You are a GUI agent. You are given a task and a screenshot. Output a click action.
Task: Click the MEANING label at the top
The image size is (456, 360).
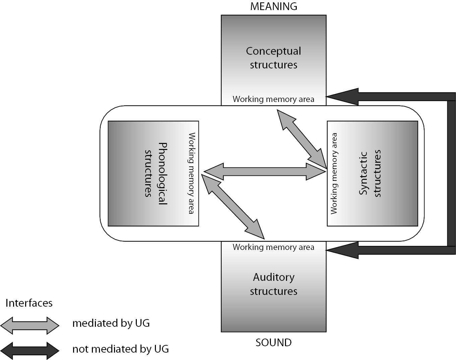coord(274,6)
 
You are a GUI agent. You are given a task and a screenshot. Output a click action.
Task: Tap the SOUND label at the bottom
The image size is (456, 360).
coord(274,343)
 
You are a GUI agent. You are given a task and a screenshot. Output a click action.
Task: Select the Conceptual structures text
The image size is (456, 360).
coord(274,58)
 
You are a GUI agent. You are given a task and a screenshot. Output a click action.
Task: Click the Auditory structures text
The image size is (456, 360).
coord(274,284)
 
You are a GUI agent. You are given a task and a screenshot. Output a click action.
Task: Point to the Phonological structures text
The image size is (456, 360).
coord(156,173)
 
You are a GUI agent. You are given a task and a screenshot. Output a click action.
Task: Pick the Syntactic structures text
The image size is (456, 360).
coord(370,173)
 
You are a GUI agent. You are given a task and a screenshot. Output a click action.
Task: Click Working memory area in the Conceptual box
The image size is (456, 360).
coord(274,99)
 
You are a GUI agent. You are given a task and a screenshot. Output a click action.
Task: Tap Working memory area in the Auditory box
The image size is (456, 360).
coord(274,247)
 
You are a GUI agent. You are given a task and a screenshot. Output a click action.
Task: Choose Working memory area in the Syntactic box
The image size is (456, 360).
coord(334,173)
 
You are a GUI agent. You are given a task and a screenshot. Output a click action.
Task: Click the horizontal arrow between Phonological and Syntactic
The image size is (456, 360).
coord(265,171)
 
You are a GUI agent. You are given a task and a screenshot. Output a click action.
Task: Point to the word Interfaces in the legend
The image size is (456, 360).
coord(29,303)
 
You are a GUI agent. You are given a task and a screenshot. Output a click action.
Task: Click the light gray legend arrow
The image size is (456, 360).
coord(30,325)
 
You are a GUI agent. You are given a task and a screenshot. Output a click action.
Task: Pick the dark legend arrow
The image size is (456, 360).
coord(30,350)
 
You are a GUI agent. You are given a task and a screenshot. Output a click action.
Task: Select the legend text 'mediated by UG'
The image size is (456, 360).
coord(111,323)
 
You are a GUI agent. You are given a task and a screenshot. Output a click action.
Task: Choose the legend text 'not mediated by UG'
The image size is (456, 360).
coord(120,349)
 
